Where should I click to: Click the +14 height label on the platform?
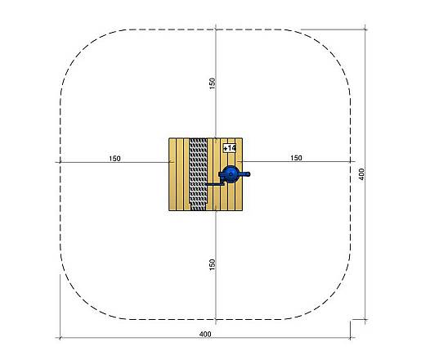(230, 148)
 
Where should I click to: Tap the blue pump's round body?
(231, 174)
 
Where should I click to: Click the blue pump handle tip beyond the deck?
(248, 173)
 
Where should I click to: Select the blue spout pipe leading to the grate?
(216, 184)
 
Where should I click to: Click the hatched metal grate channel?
(199, 174)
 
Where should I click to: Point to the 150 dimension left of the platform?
(114, 159)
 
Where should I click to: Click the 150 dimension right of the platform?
(296, 158)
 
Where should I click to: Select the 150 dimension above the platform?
(213, 83)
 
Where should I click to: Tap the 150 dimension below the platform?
(213, 264)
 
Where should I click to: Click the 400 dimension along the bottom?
(205, 334)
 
